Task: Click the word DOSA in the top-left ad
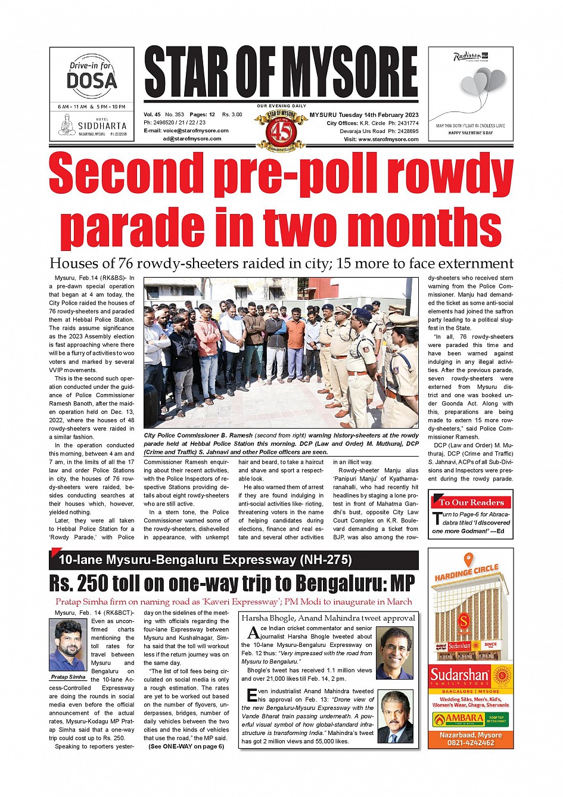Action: (x=92, y=80)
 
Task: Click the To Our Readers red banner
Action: (x=471, y=502)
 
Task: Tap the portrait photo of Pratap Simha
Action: (x=68, y=646)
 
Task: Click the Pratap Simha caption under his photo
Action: (x=68, y=677)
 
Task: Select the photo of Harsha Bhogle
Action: (x=395, y=653)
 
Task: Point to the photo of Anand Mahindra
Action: (x=395, y=717)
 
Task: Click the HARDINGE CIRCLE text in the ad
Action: (x=466, y=573)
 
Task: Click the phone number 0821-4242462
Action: (x=471, y=743)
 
